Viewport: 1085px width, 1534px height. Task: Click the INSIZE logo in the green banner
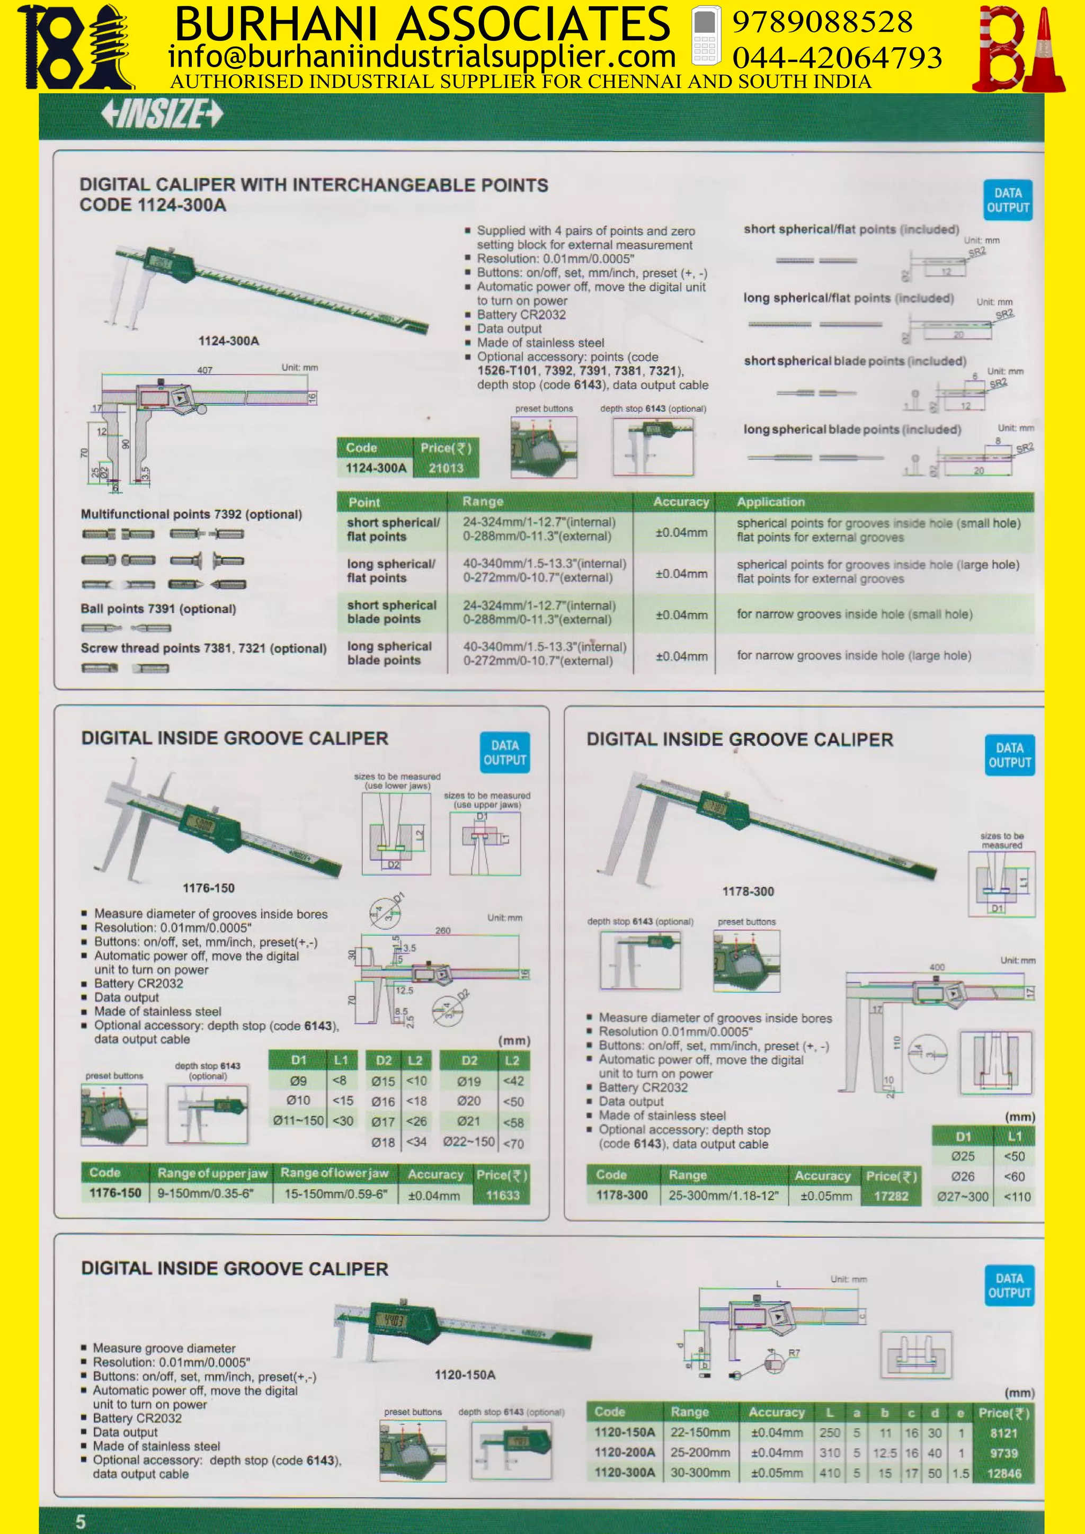tap(162, 113)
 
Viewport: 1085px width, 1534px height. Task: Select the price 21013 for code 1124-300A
tap(446, 468)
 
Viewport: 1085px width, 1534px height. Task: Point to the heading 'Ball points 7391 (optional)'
tap(158, 609)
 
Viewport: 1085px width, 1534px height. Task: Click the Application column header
tap(770, 502)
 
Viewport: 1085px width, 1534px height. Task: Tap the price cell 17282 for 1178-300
tap(891, 1196)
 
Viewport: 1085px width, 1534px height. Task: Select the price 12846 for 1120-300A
tap(1003, 1473)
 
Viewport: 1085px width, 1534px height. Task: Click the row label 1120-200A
tap(625, 1452)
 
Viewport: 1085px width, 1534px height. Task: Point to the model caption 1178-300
tap(748, 891)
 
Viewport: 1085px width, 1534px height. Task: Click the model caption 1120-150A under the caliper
tap(465, 1375)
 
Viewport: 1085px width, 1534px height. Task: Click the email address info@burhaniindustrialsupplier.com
tap(422, 57)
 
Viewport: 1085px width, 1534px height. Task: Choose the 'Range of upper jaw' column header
tap(212, 1173)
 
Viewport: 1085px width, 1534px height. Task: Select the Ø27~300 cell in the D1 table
tap(962, 1197)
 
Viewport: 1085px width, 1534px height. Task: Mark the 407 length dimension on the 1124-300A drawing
tap(204, 370)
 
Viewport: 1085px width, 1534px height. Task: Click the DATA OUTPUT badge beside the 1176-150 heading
tap(504, 752)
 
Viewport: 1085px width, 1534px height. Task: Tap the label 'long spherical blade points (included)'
tap(852, 430)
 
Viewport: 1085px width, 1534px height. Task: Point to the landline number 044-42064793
tap(837, 58)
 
